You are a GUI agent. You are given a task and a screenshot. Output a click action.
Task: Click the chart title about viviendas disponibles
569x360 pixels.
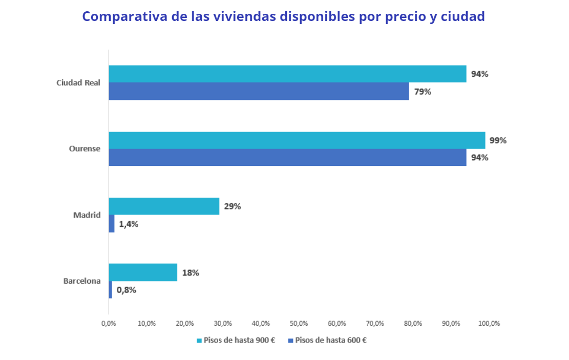tap(283, 16)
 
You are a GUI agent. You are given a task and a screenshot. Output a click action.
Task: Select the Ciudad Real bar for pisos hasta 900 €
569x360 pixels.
tap(287, 74)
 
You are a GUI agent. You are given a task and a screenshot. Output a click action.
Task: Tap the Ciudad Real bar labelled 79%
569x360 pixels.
tap(259, 91)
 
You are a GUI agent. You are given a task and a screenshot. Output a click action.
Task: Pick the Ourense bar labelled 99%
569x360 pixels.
tap(297, 140)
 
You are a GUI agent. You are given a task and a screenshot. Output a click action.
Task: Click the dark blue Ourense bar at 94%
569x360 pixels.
tap(287, 157)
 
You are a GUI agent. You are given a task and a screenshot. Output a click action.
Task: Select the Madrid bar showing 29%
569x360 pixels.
tap(164, 206)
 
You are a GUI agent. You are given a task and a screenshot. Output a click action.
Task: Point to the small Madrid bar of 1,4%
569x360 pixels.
tap(112, 223)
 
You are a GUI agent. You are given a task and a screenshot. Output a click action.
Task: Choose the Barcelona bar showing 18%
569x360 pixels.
tap(143, 272)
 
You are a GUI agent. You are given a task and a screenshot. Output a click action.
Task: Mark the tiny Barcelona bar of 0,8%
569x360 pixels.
tap(110, 290)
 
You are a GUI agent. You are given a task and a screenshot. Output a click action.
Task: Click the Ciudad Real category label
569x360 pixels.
tap(78, 82)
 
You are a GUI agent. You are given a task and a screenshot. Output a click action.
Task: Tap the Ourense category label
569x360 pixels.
tap(85, 149)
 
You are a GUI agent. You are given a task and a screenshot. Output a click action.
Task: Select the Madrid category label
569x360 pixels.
tap(87, 215)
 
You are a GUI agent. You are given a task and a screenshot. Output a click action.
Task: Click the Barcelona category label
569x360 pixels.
tap(82, 281)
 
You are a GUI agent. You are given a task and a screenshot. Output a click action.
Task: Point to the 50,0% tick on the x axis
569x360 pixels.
tap(299, 324)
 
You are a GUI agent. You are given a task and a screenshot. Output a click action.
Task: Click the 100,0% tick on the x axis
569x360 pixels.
tap(489, 324)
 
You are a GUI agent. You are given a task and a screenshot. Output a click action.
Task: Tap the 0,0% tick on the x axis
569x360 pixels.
tap(109, 324)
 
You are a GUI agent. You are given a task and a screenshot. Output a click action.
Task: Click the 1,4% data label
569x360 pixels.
tap(128, 224)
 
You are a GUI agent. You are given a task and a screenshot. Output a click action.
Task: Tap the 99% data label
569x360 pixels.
tap(498, 140)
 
